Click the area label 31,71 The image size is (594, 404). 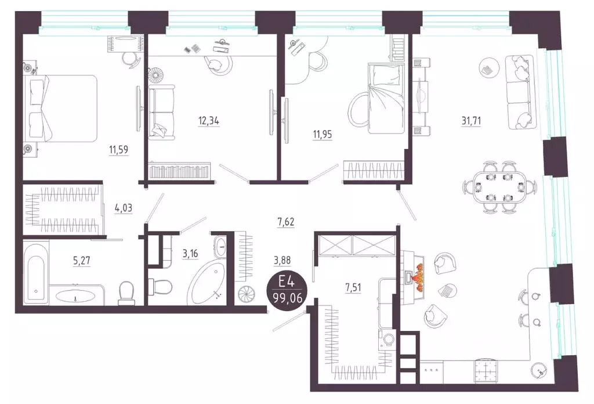point(471,121)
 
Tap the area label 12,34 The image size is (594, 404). point(209,121)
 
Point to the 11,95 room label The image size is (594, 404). point(323,135)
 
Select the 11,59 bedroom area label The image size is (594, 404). point(118,150)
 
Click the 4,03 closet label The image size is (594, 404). point(124,208)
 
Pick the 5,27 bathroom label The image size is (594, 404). point(81,261)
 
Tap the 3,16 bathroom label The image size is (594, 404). point(190,253)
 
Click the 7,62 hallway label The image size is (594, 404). point(285,222)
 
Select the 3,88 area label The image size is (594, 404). point(282,261)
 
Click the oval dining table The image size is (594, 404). point(500,187)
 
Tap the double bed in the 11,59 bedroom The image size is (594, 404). point(60,108)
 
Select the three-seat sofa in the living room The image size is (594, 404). point(520,91)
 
